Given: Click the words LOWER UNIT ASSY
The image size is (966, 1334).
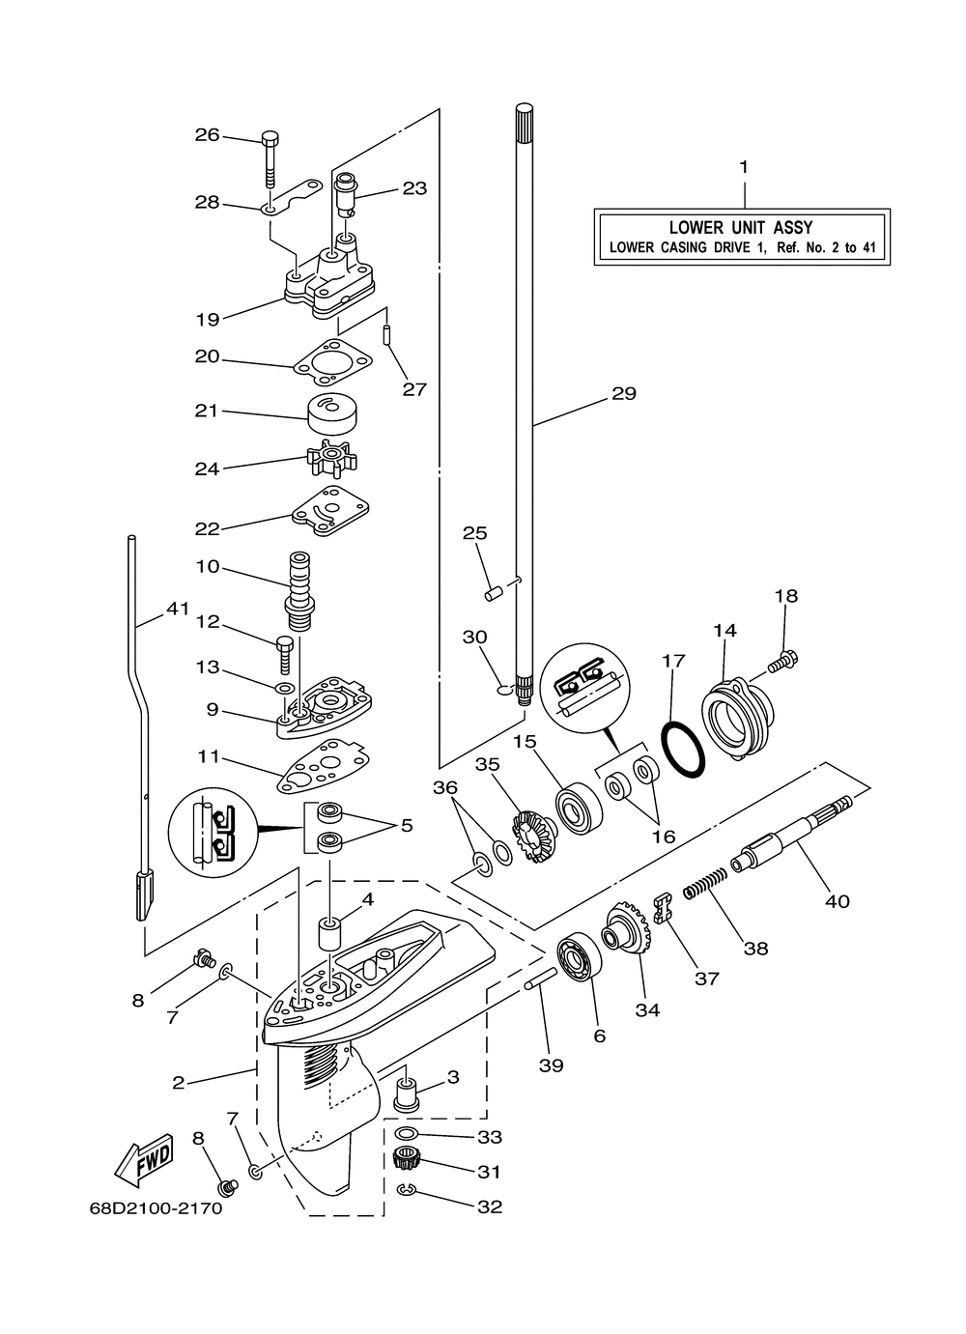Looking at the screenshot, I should pyautogui.click(x=742, y=227).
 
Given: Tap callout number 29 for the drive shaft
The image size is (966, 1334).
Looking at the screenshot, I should pyautogui.click(x=624, y=393).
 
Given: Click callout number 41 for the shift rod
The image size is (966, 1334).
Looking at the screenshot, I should pyautogui.click(x=176, y=609).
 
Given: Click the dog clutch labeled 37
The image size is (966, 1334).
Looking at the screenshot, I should pyautogui.click(x=663, y=907).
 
